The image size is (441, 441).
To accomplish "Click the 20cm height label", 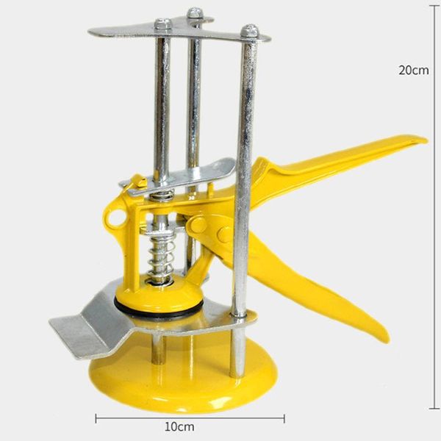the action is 414,70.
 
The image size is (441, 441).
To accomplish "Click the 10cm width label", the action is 179,426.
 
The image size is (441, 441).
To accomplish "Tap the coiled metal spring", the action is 160,259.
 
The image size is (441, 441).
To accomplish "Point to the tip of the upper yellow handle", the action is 426,140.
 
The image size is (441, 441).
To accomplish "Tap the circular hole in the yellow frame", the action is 116,217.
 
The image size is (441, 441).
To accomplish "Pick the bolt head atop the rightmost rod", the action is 250,30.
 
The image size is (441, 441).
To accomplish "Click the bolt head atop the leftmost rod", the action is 162,24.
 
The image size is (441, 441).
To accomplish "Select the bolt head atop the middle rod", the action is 195,12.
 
